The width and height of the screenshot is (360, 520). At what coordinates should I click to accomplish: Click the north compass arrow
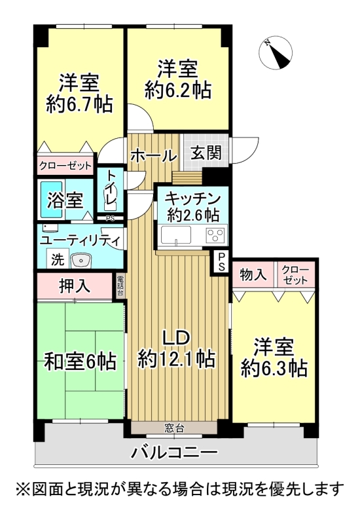(x=278, y=52)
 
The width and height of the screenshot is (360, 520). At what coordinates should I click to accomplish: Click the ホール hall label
(x=154, y=156)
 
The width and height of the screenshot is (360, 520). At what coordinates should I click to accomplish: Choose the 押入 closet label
(x=76, y=285)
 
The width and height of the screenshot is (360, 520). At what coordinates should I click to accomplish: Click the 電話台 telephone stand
(x=120, y=286)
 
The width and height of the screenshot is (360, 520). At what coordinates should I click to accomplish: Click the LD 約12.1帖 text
(x=176, y=348)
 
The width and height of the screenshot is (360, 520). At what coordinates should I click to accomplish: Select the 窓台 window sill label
(x=174, y=429)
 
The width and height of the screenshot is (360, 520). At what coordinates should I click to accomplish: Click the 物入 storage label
(x=253, y=275)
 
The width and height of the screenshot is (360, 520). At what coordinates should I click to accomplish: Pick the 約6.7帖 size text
(x=79, y=103)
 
